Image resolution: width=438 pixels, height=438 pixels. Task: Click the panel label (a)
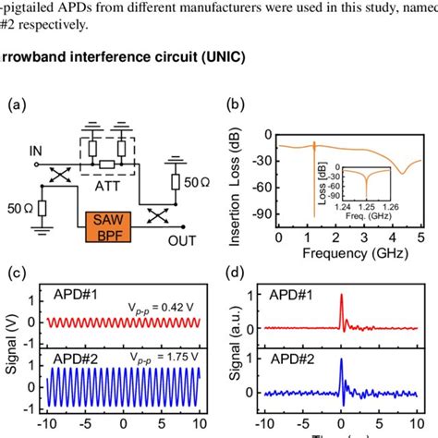coord(18,106)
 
